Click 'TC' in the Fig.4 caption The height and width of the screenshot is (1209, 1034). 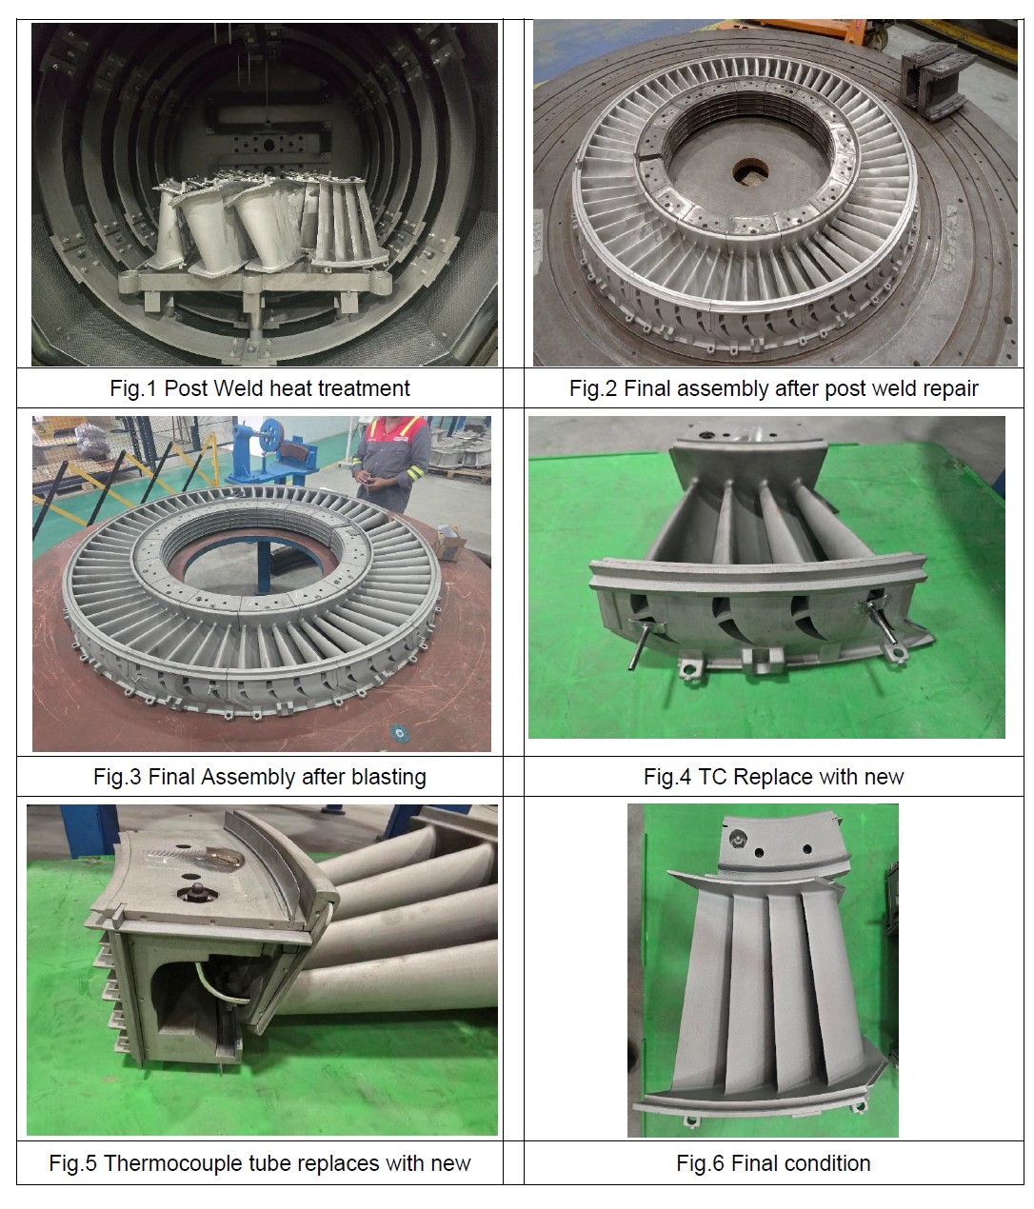click(712, 777)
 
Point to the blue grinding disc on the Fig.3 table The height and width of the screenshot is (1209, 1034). click(400, 732)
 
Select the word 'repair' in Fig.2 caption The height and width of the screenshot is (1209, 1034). click(951, 389)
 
